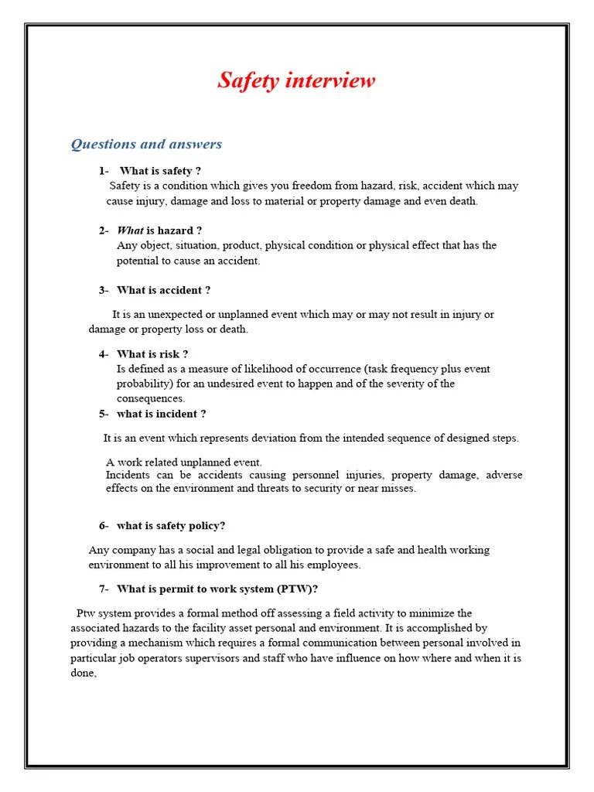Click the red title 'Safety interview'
pos(296,80)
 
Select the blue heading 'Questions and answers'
pos(146,144)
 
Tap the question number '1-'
pos(104,171)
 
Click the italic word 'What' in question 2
pos(130,230)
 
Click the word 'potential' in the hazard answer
pos(137,261)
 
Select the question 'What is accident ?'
pos(163,290)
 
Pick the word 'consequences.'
pos(151,398)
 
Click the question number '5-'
pos(104,414)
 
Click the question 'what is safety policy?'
pos(171,526)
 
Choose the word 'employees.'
pos(336,565)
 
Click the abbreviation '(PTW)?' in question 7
pos(299,589)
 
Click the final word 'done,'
pos(84,673)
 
